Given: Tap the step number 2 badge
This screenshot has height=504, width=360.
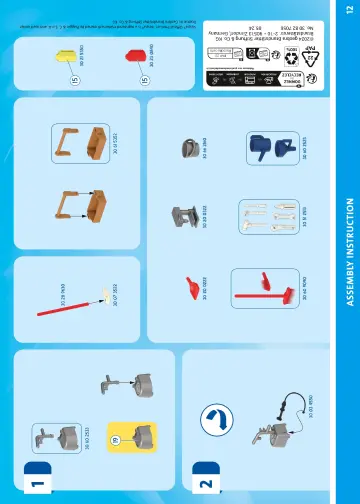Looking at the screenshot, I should (x=208, y=484).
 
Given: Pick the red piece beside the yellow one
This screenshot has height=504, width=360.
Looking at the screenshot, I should (x=135, y=56).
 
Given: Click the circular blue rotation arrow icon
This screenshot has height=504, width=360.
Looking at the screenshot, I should (x=215, y=421).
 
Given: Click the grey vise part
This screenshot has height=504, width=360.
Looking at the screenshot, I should (x=183, y=215).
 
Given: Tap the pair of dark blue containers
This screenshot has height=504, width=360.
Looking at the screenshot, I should (x=262, y=148).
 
